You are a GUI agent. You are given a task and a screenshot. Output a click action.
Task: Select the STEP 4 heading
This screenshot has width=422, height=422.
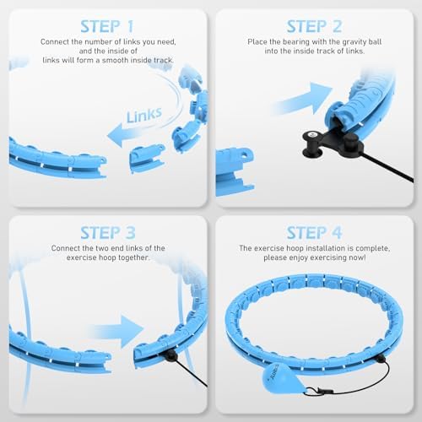click(x=314, y=230)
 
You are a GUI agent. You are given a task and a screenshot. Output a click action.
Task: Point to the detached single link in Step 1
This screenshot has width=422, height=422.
click(x=147, y=157)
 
